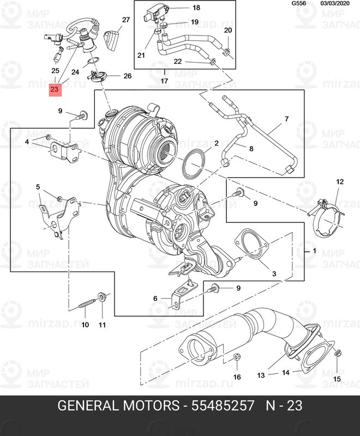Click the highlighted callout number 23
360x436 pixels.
pos(55,89)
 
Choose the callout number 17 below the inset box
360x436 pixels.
pos(165,81)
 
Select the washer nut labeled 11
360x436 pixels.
pos(101,298)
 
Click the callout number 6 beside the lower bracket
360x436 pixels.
pos(155,298)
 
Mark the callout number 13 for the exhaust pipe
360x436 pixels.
pos(261,375)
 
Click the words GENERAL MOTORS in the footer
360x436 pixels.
pos(119,407)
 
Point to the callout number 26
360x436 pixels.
pos(128,76)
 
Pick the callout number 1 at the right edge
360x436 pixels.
pos(314,251)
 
